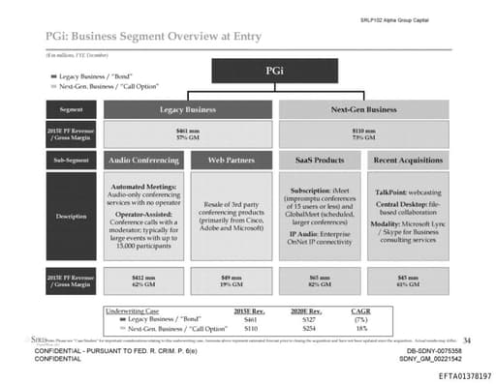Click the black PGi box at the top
pyautogui.click(x=274, y=72)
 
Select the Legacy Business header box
pyautogui.click(x=188, y=110)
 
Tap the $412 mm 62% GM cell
pyautogui.click(x=144, y=282)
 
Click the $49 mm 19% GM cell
pyautogui.click(x=231, y=282)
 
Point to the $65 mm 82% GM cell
pyautogui.click(x=319, y=282)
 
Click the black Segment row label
pyautogui.click(x=71, y=110)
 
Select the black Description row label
pyautogui.click(x=71, y=216)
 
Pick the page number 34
pyautogui.click(x=466, y=340)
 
